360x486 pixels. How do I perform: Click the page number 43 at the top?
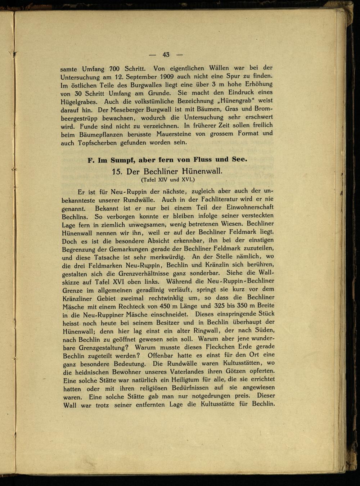coord(166,55)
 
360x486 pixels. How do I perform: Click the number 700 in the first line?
coord(114,68)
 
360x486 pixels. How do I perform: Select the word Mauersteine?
coord(174,134)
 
